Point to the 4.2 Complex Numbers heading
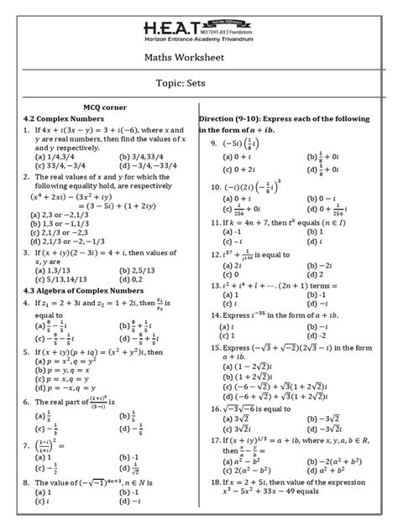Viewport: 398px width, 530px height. click(58, 119)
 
